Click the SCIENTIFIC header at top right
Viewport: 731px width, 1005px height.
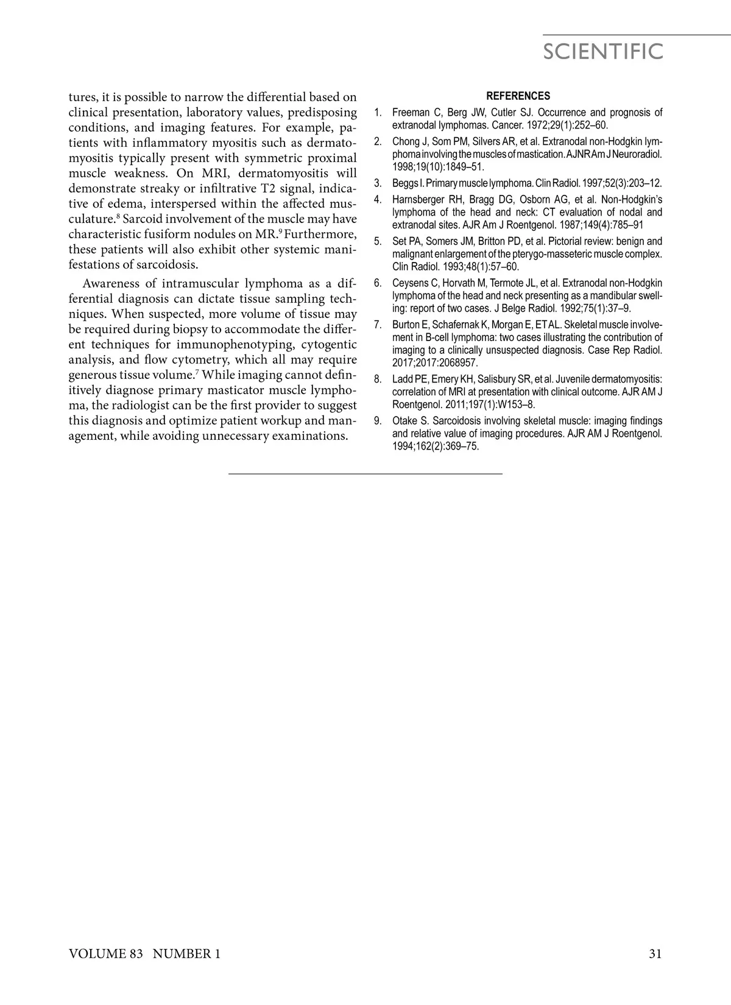coord(602,52)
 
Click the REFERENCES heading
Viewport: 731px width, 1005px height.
coord(518,96)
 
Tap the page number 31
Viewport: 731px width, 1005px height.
coord(655,954)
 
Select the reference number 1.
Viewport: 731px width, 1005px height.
coord(378,113)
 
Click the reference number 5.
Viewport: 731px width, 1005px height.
coord(378,242)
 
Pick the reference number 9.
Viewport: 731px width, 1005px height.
coord(378,421)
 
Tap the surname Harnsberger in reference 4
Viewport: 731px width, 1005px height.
coord(420,200)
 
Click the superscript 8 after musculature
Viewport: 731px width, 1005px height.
coord(118,216)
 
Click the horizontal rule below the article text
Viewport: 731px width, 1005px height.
coord(365,473)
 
